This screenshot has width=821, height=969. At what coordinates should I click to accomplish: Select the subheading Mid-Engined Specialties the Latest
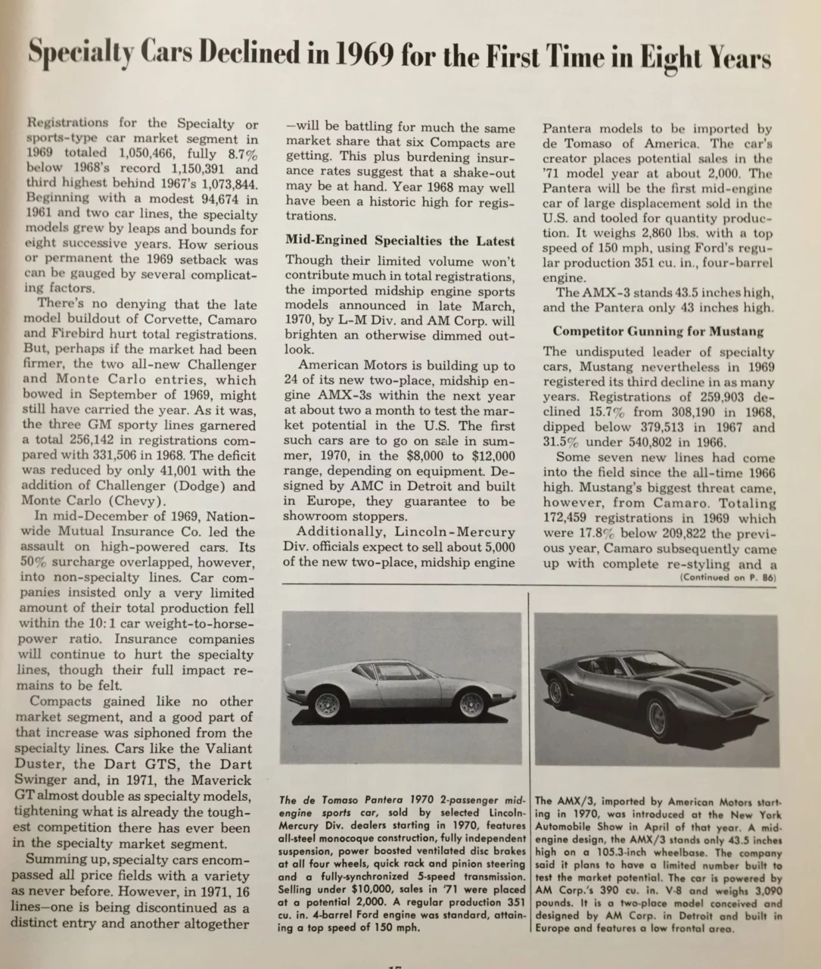[x=400, y=241]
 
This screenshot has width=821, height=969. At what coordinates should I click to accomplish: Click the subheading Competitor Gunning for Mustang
[x=658, y=331]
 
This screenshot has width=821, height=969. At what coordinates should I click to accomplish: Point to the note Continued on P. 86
[x=725, y=577]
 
